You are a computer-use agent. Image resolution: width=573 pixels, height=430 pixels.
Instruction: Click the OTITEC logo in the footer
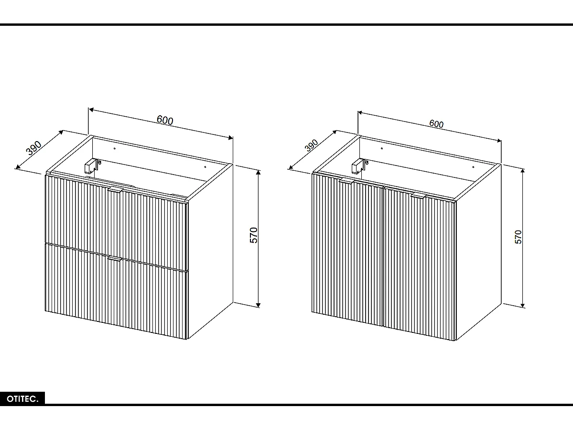(x=22, y=398)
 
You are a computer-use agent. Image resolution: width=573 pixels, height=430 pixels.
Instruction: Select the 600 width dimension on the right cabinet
(x=436, y=124)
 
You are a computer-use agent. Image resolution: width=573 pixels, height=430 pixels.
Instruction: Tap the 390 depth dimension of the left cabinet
(x=34, y=148)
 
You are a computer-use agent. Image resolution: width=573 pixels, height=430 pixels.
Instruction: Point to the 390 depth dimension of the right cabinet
(x=311, y=146)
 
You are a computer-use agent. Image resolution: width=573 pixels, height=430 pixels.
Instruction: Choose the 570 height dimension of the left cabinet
(x=254, y=235)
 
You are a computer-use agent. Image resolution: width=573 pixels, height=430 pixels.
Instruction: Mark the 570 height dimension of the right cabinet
(x=519, y=237)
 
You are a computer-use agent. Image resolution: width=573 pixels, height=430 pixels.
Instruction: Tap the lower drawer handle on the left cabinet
(x=115, y=259)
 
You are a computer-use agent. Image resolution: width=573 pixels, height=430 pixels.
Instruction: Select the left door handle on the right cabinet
(x=346, y=181)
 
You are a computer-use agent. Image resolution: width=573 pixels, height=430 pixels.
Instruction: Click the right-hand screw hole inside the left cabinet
(x=205, y=167)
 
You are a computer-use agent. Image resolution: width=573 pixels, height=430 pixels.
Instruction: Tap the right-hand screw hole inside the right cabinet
(x=473, y=167)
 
